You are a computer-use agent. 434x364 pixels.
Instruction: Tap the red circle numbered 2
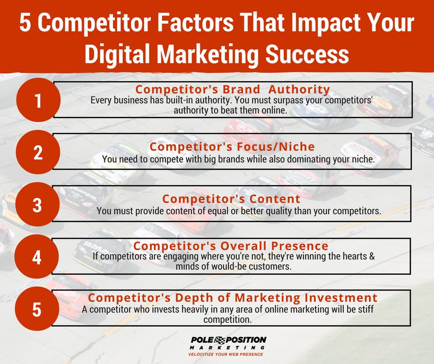tap(37, 153)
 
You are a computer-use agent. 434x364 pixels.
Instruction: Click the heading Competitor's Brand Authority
tap(232, 89)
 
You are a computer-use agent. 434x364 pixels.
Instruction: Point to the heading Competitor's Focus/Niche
tap(232, 147)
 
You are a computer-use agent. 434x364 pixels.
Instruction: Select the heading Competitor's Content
tap(231, 199)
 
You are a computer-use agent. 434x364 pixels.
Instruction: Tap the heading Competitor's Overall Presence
tap(231, 246)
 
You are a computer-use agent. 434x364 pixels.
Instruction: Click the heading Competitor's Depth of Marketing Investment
tap(233, 297)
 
